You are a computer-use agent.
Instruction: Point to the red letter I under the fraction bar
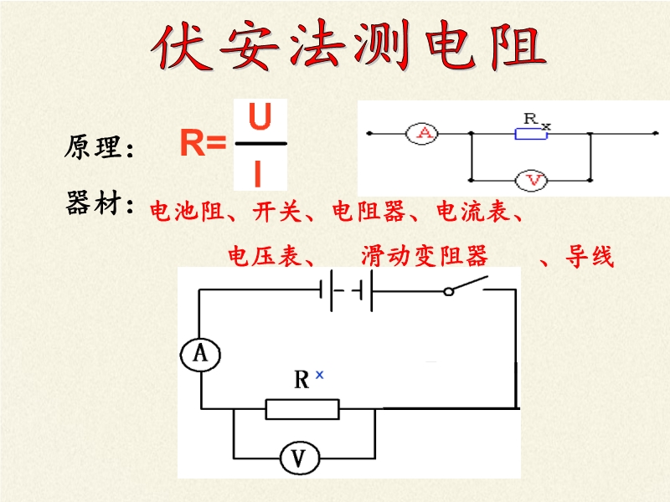coord(259,174)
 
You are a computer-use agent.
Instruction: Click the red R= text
coord(204,145)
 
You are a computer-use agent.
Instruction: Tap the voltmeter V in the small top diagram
coord(530,179)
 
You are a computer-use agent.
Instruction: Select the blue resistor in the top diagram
coord(531,134)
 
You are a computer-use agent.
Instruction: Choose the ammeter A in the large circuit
coord(200,355)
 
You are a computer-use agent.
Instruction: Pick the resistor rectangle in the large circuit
coord(302,408)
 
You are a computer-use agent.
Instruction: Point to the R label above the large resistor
coord(303,381)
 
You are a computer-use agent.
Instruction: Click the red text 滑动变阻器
coord(425,255)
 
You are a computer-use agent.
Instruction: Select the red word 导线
coord(590,256)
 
